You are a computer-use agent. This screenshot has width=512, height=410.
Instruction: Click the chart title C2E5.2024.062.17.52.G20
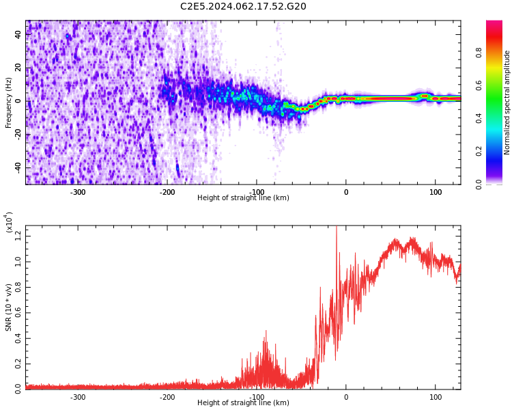pos(243,7)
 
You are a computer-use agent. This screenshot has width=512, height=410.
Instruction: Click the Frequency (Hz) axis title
pos(9,102)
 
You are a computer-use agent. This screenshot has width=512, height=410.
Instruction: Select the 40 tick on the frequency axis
pos(18,34)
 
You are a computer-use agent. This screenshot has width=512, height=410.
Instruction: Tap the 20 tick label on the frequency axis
pos(18,68)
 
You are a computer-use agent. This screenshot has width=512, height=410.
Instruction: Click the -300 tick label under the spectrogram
pos(78,192)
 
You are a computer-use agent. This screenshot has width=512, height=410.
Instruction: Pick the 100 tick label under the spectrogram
pos(435,192)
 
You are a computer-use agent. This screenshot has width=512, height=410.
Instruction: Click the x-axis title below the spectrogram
pos(243,198)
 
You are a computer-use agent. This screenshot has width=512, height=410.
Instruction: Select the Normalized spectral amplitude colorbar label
pos(507,102)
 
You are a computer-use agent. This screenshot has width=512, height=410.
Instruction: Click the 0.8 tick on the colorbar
pos(479,51)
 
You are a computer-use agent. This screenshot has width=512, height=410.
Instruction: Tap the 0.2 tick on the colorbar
pos(479,151)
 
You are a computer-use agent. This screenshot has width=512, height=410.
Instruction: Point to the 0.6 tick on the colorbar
pos(479,85)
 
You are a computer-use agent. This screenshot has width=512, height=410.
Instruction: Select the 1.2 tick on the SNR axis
pos(18,236)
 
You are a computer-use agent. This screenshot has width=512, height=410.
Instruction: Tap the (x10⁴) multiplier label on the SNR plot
pos(10,222)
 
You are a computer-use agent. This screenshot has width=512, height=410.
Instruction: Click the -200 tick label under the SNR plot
pos(167,397)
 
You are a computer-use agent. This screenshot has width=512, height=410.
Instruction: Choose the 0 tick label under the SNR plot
pos(346,397)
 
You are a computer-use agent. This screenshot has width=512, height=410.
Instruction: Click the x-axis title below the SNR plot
pos(243,403)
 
